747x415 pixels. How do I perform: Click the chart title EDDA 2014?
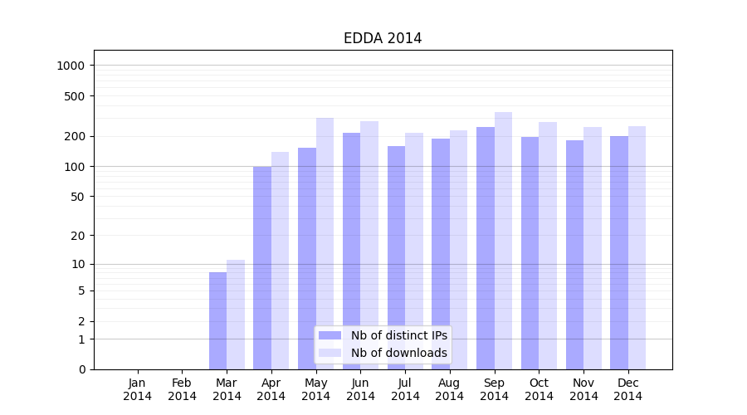click(383, 38)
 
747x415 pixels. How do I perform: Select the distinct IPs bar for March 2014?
click(217, 320)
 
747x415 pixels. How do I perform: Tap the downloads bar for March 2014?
click(236, 315)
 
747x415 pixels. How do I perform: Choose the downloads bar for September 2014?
click(503, 241)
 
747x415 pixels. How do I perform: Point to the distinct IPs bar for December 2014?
click(619, 252)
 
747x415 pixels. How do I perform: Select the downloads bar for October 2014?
click(548, 246)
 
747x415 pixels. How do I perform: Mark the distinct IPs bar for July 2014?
click(396, 257)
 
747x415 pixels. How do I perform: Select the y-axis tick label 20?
click(77, 236)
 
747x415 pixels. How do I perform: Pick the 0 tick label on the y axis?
click(81, 369)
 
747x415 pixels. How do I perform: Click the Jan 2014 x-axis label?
click(138, 389)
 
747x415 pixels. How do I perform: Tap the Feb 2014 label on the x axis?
click(182, 389)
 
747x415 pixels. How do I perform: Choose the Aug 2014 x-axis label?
click(450, 389)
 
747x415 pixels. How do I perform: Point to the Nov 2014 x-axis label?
click(583, 389)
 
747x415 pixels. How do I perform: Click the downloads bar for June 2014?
click(369, 245)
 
